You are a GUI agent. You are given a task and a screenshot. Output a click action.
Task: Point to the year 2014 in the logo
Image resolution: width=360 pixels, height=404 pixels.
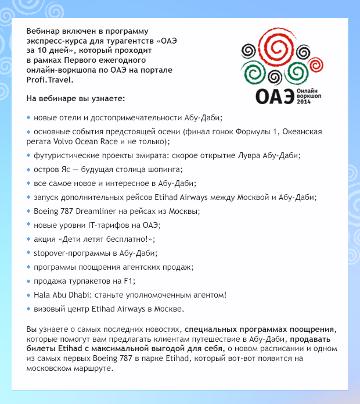pyautogui.click(x=304, y=102)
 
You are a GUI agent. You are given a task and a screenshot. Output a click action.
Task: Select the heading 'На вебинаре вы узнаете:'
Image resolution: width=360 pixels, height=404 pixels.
pyautogui.click(x=72, y=98)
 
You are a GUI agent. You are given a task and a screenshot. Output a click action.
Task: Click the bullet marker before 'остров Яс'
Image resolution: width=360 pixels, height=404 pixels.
pyautogui.click(x=28, y=169)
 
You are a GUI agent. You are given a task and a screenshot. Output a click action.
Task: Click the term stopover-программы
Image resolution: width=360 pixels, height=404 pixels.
pyautogui.click(x=67, y=253)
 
